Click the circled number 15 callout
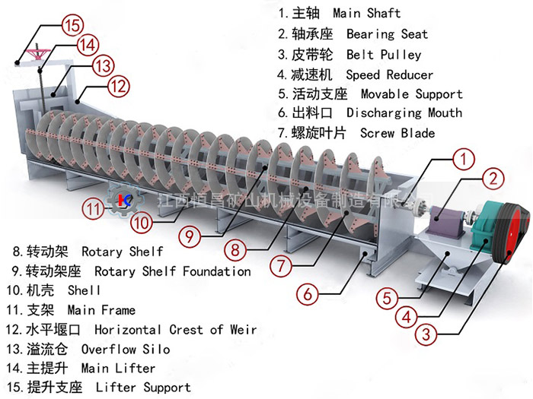coord(72,24)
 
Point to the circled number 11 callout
coord(94,207)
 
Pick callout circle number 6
coord(307,292)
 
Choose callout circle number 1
coord(463,160)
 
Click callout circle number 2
coord(493,179)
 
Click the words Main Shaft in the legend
coord(367,14)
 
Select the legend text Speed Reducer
coord(389,74)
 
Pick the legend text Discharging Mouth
coord(404,112)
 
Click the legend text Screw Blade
coord(397,133)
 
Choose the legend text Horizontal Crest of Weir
coord(175,329)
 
